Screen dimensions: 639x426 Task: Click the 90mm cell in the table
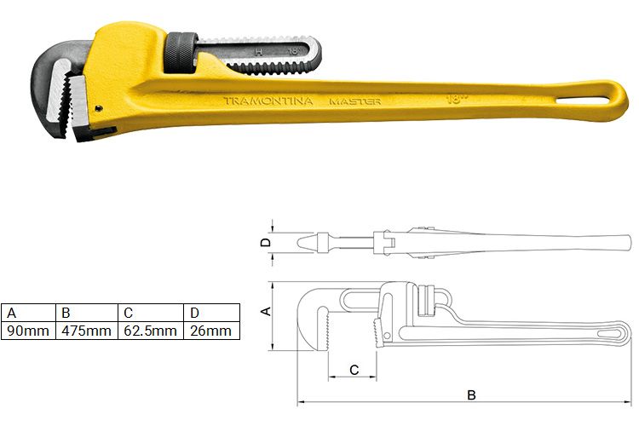tap(28, 331)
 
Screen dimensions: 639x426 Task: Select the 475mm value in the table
tap(86, 331)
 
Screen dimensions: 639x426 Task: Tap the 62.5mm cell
tap(150, 331)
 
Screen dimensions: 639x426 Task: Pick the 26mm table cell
tap(211, 331)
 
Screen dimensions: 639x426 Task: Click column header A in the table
tap(11, 313)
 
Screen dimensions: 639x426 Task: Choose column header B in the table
tap(66, 313)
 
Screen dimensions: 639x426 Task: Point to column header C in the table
tap(129, 313)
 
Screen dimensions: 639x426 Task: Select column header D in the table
tap(194, 313)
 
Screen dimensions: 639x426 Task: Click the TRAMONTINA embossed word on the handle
tap(268, 101)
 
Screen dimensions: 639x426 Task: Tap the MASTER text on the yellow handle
tap(355, 101)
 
